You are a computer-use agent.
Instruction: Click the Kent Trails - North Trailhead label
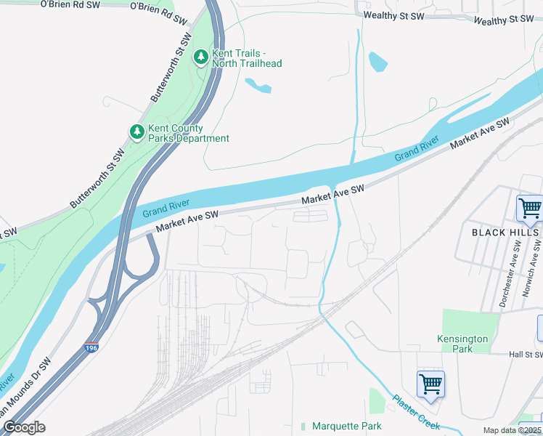tap(246, 58)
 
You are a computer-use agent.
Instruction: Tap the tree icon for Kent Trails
tap(200, 56)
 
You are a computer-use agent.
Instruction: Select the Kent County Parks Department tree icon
tap(136, 132)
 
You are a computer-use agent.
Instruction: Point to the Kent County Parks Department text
tap(188, 133)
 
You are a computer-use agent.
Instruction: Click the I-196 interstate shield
tap(91, 349)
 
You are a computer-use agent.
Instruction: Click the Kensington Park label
tap(462, 344)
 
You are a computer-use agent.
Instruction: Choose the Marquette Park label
tap(346, 426)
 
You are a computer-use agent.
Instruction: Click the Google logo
tap(24, 427)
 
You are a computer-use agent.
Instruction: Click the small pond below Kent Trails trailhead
tap(258, 86)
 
